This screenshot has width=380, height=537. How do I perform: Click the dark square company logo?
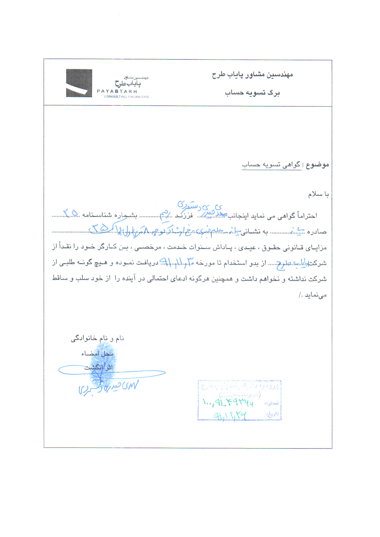79,83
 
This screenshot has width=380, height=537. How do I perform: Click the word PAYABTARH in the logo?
117,91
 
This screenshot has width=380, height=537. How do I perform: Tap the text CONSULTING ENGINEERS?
126,96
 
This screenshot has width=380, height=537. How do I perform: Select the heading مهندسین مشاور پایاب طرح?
252,75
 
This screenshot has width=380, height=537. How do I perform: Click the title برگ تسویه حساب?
252,93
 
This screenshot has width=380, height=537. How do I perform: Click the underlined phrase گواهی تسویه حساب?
272,165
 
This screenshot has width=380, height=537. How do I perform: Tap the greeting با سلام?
318,194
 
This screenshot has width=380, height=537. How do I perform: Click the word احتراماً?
307,216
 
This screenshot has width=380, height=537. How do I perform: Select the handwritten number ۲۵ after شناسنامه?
70,212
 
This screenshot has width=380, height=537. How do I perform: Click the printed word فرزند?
184,216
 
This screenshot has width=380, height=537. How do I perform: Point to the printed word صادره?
317,232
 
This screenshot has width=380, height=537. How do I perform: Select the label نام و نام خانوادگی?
97,338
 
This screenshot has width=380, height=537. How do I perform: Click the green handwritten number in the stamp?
228,402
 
